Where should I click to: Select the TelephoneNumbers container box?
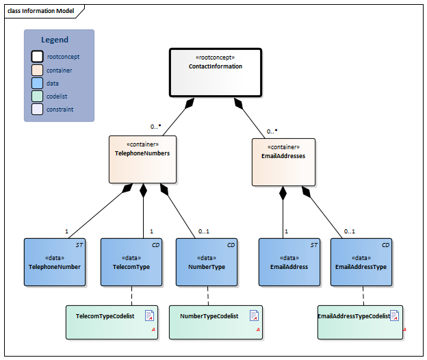click(x=142, y=159)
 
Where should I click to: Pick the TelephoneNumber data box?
click(x=54, y=262)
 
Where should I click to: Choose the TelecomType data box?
click(x=131, y=262)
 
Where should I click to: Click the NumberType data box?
click(x=207, y=262)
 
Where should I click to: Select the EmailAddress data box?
click(x=289, y=262)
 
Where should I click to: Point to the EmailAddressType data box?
click(x=361, y=262)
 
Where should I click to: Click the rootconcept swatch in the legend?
click(x=37, y=57)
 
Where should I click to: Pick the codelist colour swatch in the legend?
click(x=37, y=96)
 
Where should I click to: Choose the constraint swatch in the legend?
click(x=37, y=109)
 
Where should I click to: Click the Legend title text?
click(x=55, y=40)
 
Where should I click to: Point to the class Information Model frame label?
click(x=41, y=11)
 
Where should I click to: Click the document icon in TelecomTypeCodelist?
click(x=149, y=316)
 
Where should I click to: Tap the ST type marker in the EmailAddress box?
click(x=314, y=244)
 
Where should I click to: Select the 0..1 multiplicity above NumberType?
click(x=203, y=231)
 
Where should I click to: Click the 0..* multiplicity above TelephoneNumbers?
click(x=156, y=127)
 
